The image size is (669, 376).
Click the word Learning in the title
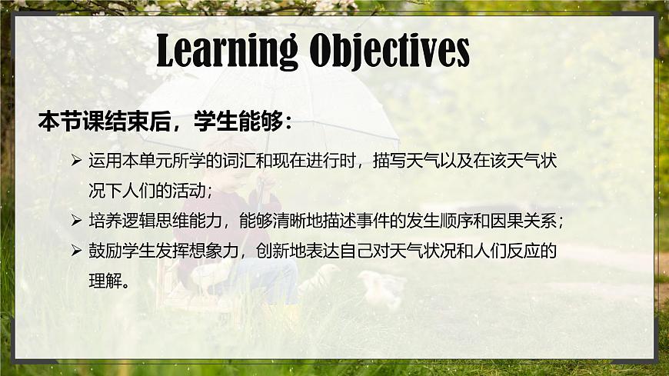tap(227, 51)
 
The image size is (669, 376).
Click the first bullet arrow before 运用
tap(76, 161)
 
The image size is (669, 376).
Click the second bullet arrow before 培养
tap(76, 221)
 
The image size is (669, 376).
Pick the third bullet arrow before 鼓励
tap(76, 251)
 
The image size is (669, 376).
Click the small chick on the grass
tap(384, 291)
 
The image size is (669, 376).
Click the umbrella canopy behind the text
tap(308, 108)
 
